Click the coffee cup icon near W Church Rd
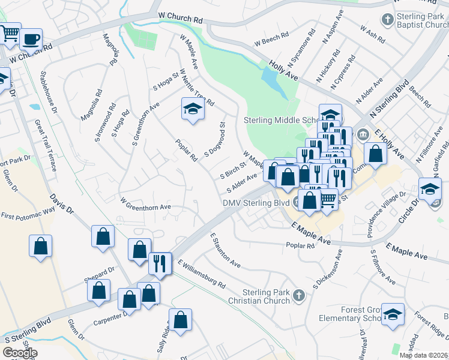coord(31,40)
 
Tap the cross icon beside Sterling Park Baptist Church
coord(388,20)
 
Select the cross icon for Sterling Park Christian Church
coord(299,295)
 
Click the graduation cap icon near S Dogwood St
coord(192,109)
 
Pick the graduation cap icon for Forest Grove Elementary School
coord(393,314)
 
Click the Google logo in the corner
coord(20,353)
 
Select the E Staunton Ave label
coord(225,251)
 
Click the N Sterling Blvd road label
coord(389,98)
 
